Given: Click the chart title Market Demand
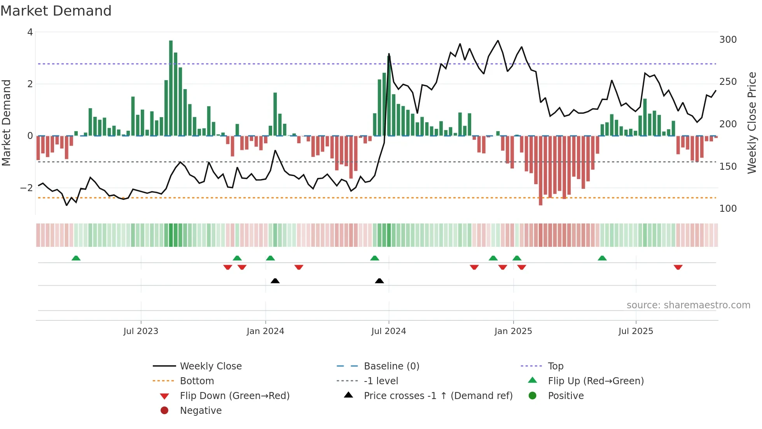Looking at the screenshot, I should [x=56, y=11].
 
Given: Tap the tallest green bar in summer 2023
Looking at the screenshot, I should [x=171, y=88].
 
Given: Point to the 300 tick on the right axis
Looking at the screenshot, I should [x=728, y=40].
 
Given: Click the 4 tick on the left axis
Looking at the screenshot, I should [x=30, y=32].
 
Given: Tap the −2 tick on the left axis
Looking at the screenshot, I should [x=27, y=188].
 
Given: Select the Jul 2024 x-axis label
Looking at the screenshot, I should [x=388, y=331].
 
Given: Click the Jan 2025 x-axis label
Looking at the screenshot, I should [x=513, y=331].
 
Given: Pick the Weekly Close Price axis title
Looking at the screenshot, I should [x=752, y=123].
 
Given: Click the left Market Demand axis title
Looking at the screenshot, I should [x=6, y=123].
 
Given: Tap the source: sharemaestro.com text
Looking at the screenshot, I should [x=688, y=305].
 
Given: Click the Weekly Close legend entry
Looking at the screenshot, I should [x=211, y=366].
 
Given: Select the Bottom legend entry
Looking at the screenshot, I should [x=197, y=381].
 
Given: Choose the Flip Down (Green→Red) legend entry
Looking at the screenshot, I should [x=234, y=396].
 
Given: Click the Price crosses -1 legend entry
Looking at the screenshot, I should [x=438, y=396].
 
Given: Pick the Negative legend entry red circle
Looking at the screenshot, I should [x=164, y=411].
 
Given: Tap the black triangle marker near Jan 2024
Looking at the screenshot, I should [x=275, y=281].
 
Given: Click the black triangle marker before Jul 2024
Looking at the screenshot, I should [x=379, y=281].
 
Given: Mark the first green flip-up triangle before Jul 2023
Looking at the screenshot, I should [x=76, y=258].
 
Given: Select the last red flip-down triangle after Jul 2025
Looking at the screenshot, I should [x=678, y=267].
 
